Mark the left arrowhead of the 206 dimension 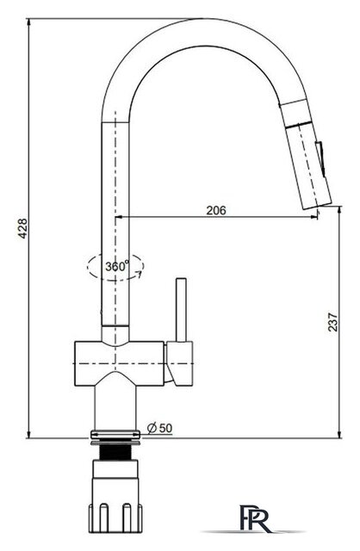pos(120,217)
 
